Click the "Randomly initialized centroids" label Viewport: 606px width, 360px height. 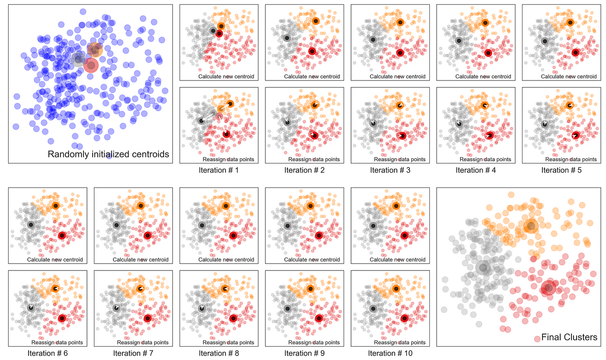tap(108, 154)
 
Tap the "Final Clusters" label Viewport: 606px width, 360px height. tap(569, 337)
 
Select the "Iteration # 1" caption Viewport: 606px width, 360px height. tap(219, 170)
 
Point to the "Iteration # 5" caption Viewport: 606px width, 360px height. tap(561, 170)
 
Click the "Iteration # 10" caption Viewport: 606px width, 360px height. tap(390, 353)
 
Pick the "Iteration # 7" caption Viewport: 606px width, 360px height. tap(133, 353)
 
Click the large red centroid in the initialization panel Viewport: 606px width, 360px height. tap(91, 65)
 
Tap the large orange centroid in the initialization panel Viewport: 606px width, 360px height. tap(95, 50)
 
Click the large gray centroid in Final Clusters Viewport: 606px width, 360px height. tap(483, 268)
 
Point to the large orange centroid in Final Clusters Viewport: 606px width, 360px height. tap(531, 226)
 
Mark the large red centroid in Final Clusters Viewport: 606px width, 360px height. tap(549, 288)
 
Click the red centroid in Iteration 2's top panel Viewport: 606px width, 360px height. tap(312, 51)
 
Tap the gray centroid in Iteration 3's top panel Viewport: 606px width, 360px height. tap(373, 39)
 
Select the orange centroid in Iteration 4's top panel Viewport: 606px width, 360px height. tap(485, 23)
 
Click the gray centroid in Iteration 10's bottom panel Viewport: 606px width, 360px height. tap(373, 309)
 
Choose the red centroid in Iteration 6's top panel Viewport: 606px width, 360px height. tap(62, 235)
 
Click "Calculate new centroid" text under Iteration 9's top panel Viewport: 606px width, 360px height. tap(312, 260)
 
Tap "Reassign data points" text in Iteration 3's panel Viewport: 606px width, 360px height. tap(400, 159)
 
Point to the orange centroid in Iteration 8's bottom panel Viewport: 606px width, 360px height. tap(225, 289)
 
